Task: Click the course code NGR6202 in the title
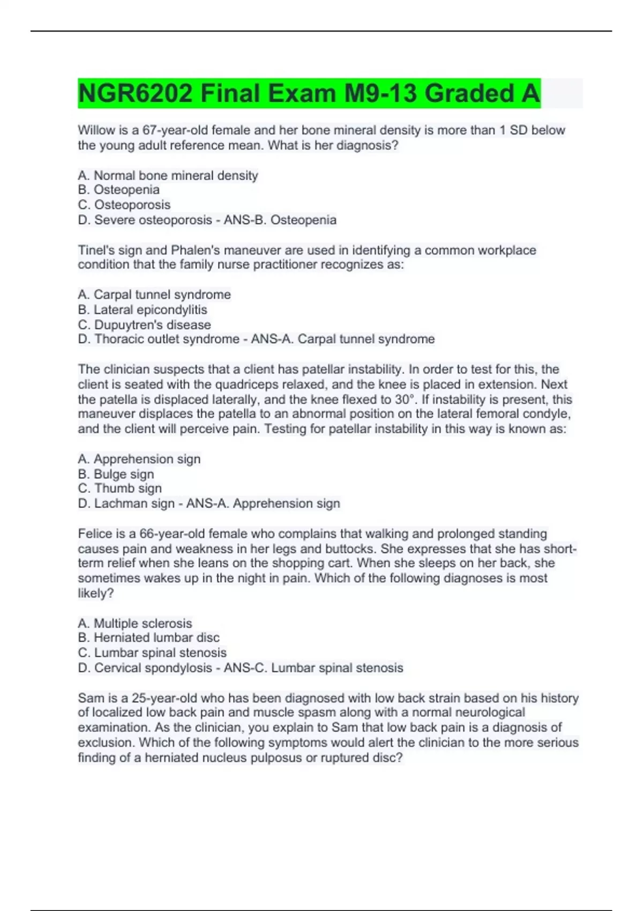pos(135,93)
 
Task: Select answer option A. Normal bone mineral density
pos(168,175)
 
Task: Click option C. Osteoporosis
pos(124,205)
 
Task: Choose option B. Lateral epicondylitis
pos(143,310)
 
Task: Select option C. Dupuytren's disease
pos(144,325)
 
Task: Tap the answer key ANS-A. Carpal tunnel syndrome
pos(343,339)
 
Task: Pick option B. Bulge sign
pos(116,474)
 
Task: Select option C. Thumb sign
pos(119,488)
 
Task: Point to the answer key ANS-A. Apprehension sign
pos(263,504)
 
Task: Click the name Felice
pos(95,534)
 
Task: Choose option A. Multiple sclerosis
pos(134,623)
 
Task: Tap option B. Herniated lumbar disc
pos(148,638)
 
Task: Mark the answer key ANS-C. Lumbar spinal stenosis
pos(313,668)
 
